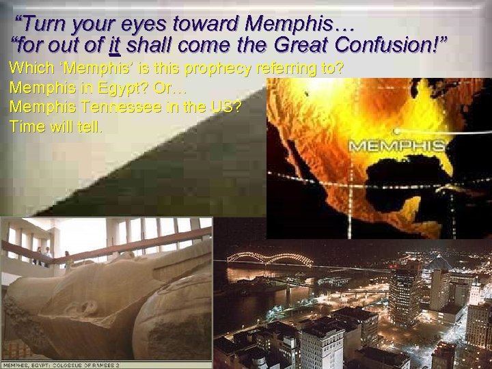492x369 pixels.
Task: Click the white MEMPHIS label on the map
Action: click(397, 146)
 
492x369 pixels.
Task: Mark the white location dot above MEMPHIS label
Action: click(396, 131)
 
